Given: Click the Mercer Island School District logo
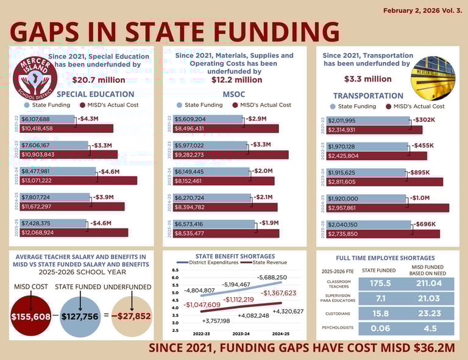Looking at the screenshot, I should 35,78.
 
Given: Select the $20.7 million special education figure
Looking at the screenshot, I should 99,80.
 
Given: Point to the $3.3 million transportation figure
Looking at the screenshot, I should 367,79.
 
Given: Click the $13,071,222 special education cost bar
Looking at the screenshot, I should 79,181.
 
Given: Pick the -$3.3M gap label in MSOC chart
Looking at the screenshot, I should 260,145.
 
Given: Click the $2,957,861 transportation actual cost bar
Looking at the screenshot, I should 388,208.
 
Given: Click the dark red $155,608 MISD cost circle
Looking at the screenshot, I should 30,316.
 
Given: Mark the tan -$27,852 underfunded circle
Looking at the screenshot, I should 130,316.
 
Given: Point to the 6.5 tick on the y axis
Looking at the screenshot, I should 175,270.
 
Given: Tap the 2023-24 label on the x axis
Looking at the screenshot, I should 241,334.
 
